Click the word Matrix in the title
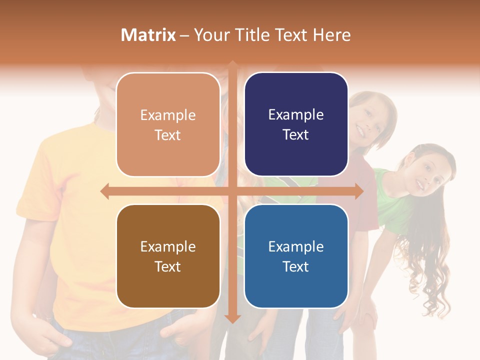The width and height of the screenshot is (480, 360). [148, 35]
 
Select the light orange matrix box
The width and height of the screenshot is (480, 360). [168, 124]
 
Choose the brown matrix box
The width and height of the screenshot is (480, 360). [168, 256]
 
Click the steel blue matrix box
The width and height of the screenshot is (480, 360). [296, 256]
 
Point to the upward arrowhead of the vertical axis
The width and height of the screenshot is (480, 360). [232, 64]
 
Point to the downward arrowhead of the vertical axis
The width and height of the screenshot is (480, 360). [232, 319]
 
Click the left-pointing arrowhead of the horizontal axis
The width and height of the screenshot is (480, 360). [104, 191]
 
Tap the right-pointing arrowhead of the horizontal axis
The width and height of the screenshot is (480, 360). [359, 191]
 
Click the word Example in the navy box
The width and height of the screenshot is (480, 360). [296, 114]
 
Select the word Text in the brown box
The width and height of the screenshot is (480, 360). [168, 266]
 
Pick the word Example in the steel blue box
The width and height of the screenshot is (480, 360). [296, 246]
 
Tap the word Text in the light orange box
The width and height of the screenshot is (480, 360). [168, 135]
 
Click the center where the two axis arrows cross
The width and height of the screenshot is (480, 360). [232, 191]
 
